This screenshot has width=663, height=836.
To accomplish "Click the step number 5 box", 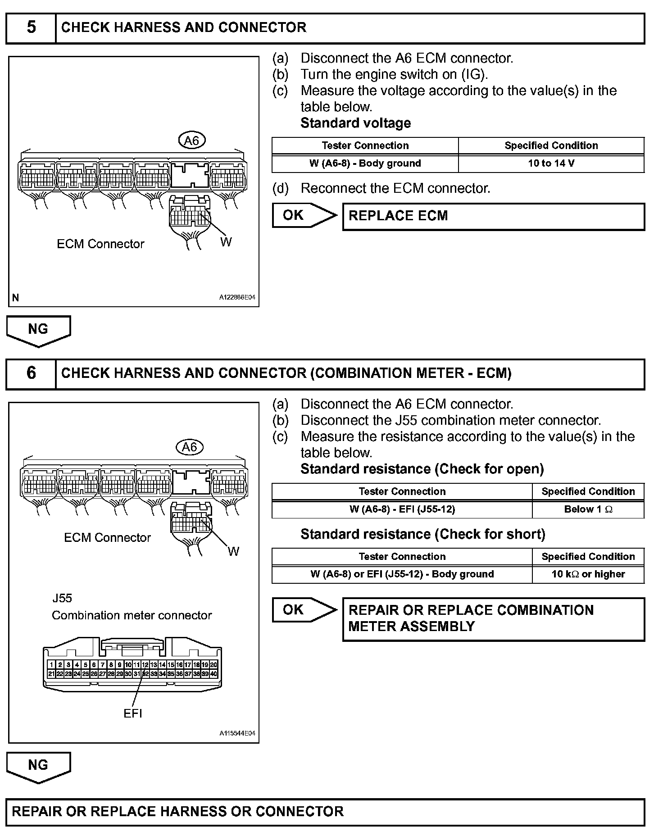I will tap(31, 28).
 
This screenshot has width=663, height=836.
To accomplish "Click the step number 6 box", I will tap(31, 373).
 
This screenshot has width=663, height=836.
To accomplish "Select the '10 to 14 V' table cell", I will tap(551, 164).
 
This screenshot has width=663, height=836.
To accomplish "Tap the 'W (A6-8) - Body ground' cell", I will tap(365, 164).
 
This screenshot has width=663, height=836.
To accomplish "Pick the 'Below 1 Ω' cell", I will tap(588, 509).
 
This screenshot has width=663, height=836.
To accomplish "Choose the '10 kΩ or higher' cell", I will tap(588, 574).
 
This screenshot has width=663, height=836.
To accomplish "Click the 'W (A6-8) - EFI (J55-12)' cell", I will tap(402, 509).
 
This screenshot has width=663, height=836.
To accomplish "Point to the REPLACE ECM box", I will tap(493, 216).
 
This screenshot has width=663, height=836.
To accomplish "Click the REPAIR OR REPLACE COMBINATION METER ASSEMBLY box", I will tap(493, 618).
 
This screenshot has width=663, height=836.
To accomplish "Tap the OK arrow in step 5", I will tap(303, 215).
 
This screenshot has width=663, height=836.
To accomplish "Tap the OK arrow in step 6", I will tap(303, 610).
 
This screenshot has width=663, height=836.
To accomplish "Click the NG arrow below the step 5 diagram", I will tap(38, 330).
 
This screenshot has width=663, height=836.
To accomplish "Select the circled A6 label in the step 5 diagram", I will tap(191, 141).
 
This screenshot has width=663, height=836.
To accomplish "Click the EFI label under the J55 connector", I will tap(133, 713).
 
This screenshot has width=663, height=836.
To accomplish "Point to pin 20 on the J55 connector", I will tap(213, 664).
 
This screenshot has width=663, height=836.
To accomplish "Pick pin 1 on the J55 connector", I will tap(51, 664).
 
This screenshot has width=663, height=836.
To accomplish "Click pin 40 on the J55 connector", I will tap(213, 674).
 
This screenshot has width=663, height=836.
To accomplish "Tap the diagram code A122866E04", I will tap(237, 298).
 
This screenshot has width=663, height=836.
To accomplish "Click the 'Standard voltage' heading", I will tap(355, 123).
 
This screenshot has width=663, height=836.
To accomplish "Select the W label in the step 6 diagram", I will tap(233, 551).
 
